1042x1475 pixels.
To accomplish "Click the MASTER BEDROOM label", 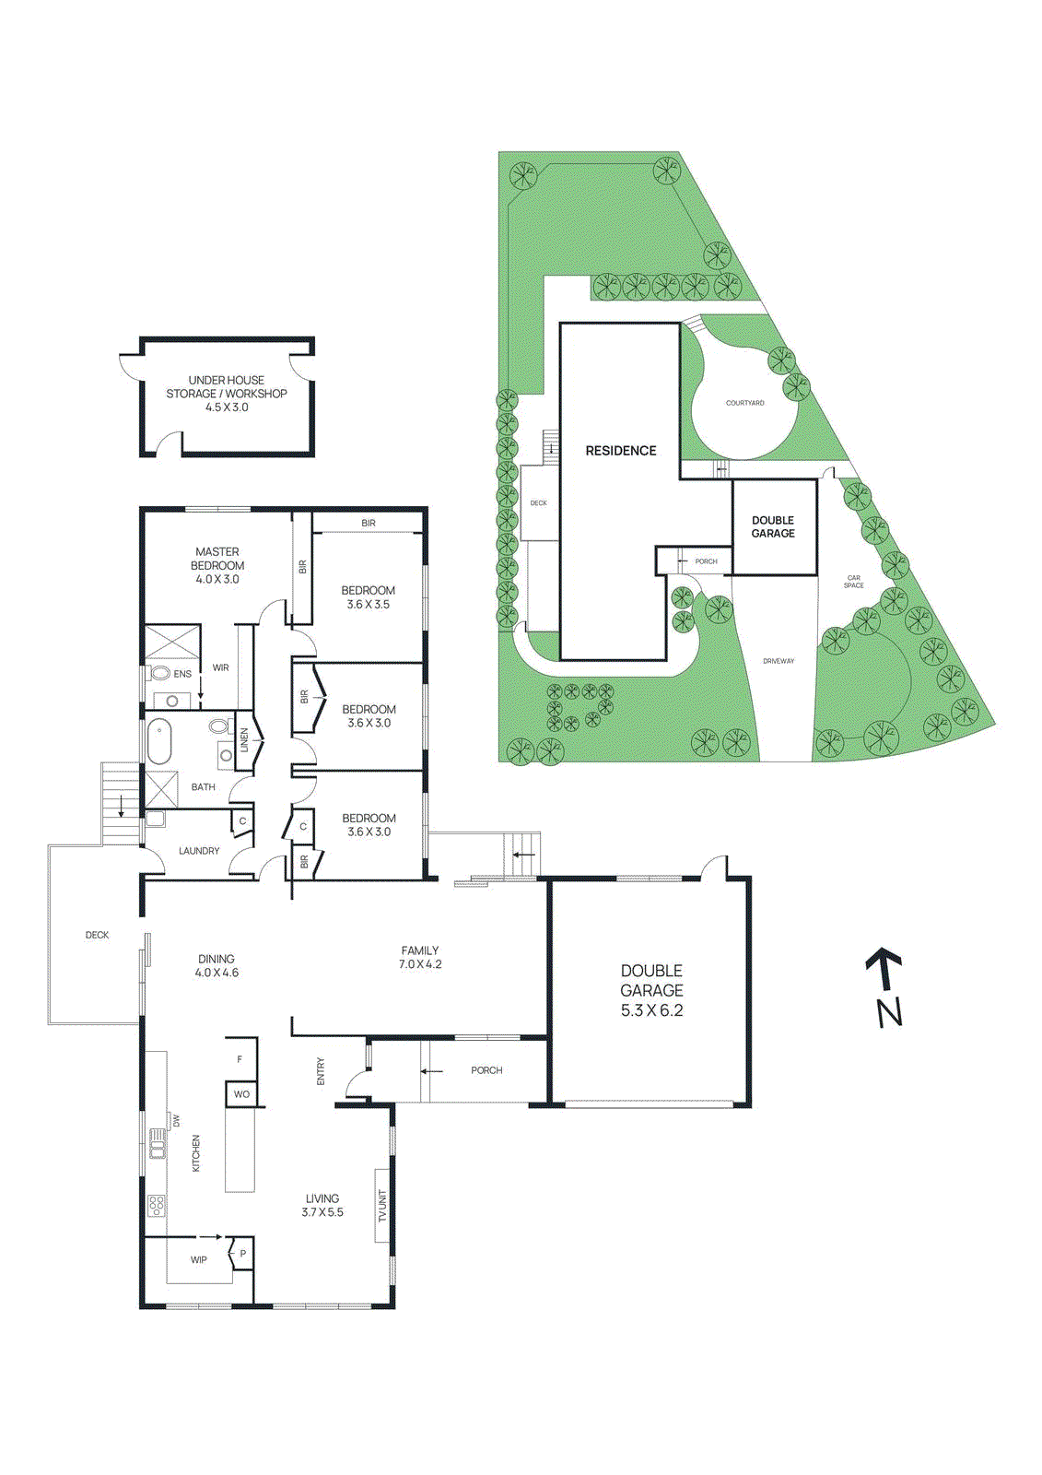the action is pyautogui.click(x=217, y=559).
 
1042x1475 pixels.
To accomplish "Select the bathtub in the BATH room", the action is pyautogui.click(x=158, y=741).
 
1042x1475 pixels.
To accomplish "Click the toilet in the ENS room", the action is pyautogui.click(x=158, y=674).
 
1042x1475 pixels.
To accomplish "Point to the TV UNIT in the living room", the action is pyautogui.click(x=382, y=1205).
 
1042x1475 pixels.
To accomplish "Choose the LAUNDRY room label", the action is pyautogui.click(x=199, y=851).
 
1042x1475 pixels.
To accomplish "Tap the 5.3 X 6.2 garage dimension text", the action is pyautogui.click(x=651, y=1010).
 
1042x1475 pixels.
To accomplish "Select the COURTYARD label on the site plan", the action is pyautogui.click(x=745, y=403).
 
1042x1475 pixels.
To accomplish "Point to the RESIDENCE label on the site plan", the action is pyautogui.click(x=621, y=451).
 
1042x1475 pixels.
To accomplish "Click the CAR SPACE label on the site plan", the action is pyautogui.click(x=854, y=582).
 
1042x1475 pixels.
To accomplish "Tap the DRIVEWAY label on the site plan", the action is pyautogui.click(x=779, y=660).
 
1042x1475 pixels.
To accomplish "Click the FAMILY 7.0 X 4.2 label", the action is pyautogui.click(x=420, y=957).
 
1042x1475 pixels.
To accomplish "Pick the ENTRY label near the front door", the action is pyautogui.click(x=322, y=1071).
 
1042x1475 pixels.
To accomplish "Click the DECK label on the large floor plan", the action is pyautogui.click(x=97, y=935).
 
